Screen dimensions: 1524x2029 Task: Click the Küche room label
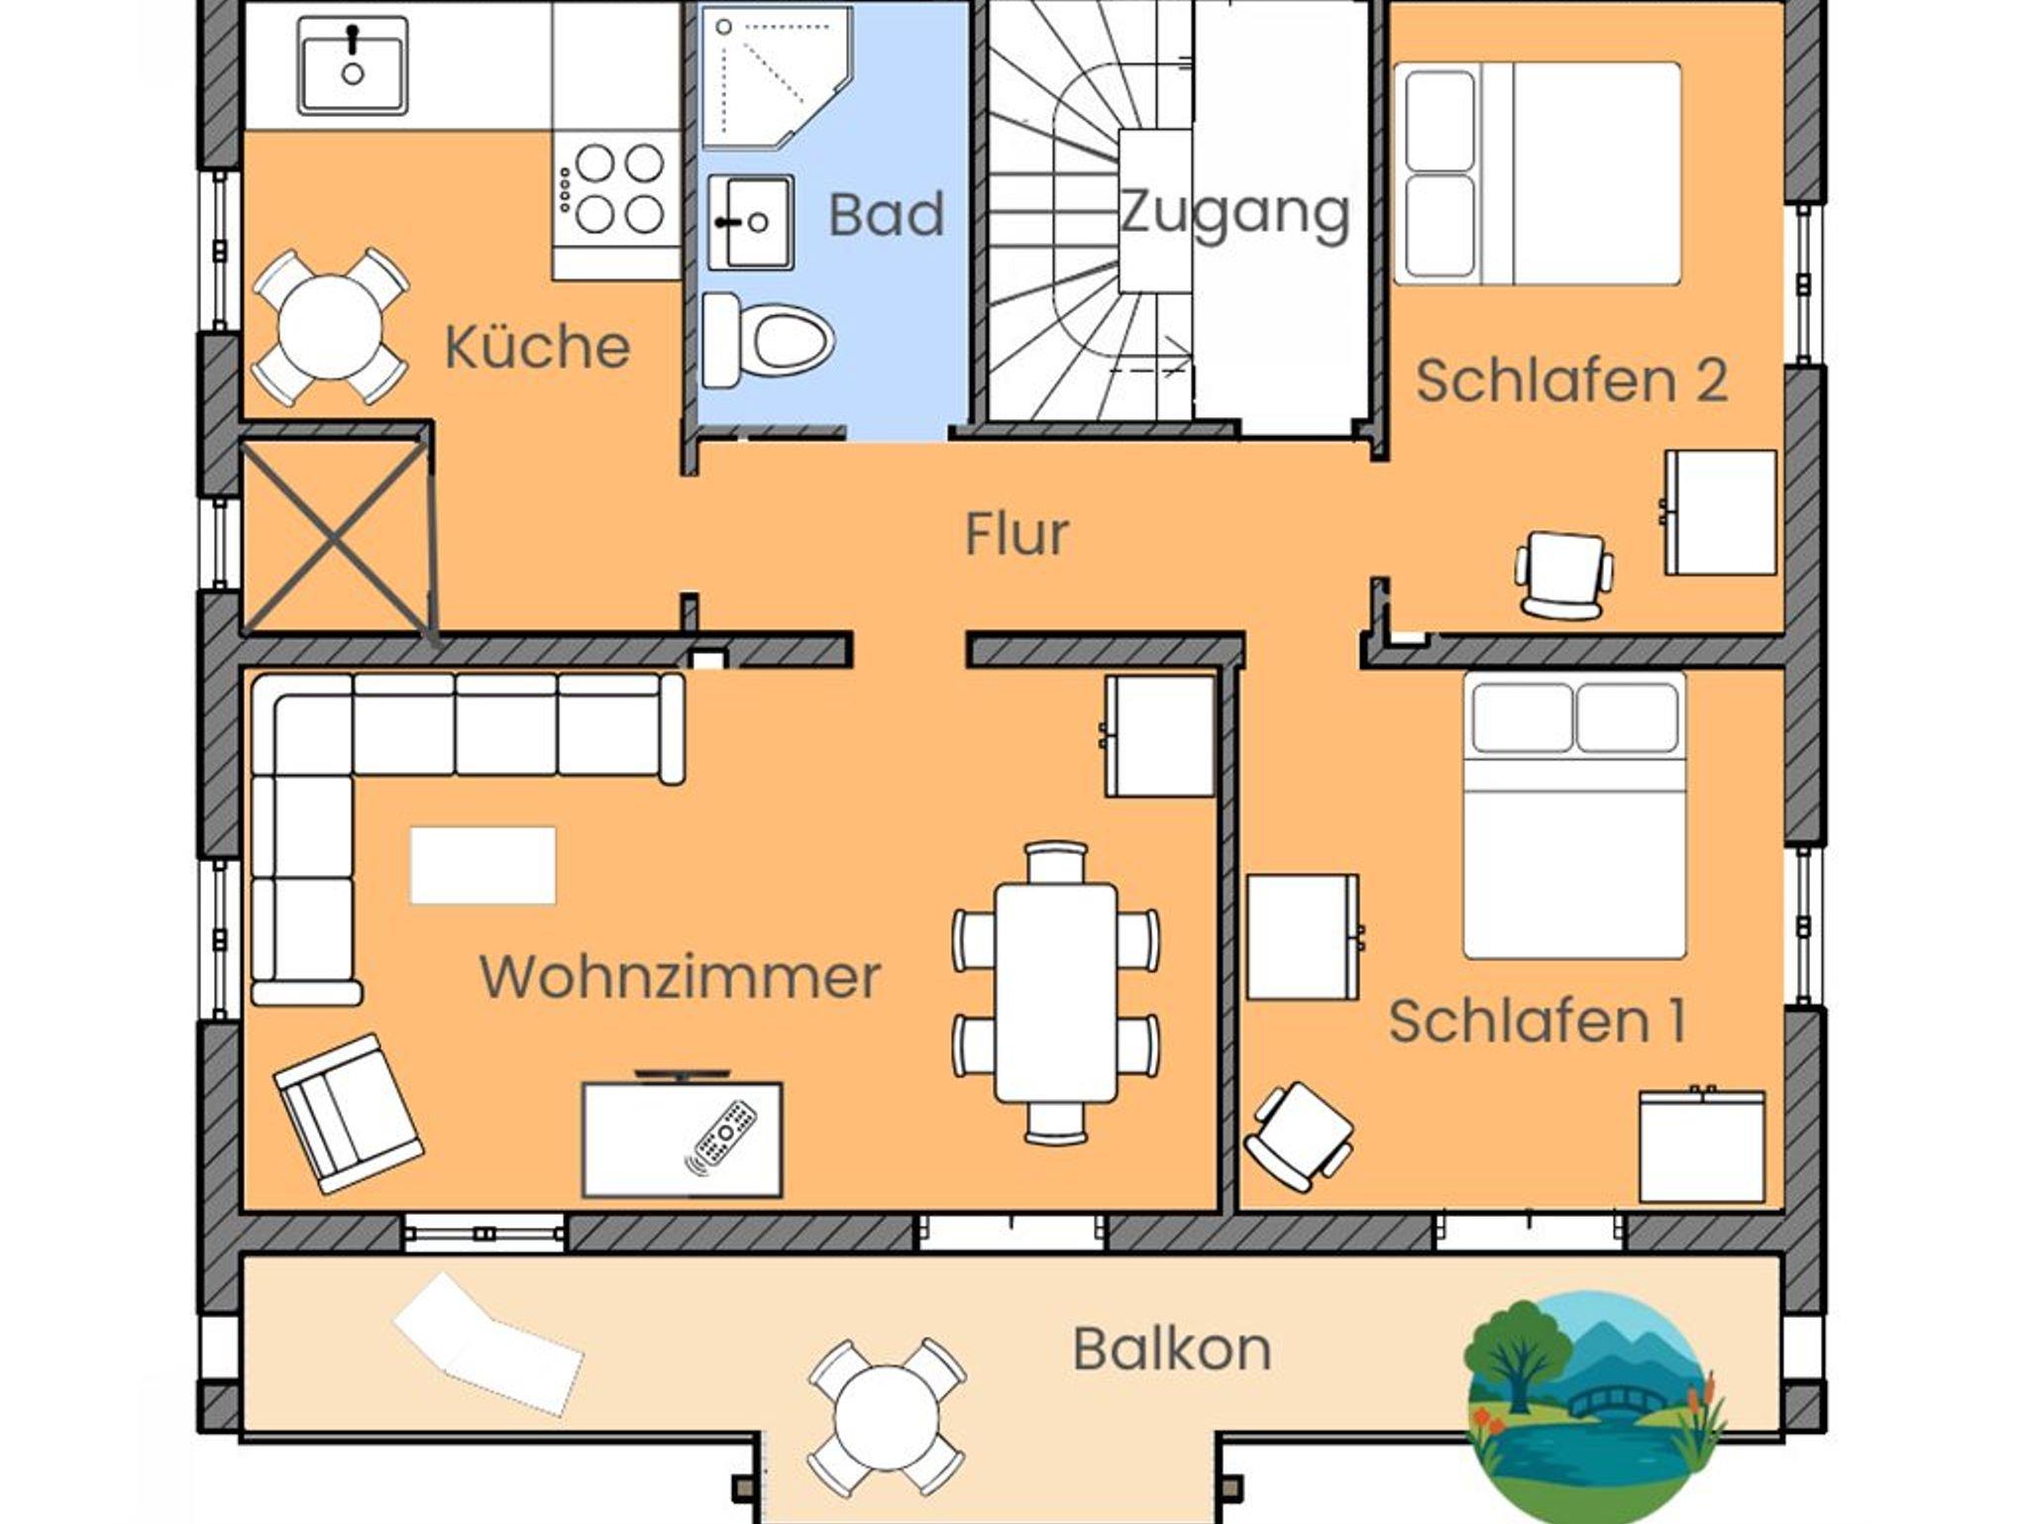point(537,347)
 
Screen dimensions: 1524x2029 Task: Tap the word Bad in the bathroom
point(886,214)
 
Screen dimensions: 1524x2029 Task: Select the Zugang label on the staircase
point(1234,212)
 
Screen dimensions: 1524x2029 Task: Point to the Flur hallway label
point(1016,534)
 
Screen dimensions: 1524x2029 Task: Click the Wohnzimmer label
point(680,977)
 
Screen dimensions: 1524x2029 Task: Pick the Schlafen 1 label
point(1537,1021)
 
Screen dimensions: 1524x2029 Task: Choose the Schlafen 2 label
point(1571,381)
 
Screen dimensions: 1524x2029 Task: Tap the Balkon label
point(1172,1349)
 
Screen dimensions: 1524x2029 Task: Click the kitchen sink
point(352,65)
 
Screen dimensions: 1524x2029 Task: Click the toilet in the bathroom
point(768,340)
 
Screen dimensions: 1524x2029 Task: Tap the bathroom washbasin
point(751,222)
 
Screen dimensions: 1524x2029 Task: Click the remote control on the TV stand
point(723,1136)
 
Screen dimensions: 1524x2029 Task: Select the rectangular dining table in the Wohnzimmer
point(1056,992)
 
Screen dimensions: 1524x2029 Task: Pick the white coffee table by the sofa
point(482,866)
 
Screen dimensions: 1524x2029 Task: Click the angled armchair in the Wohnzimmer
point(348,1113)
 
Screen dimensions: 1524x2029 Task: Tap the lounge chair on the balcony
point(487,1345)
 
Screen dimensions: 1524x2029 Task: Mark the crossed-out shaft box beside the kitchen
point(336,535)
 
